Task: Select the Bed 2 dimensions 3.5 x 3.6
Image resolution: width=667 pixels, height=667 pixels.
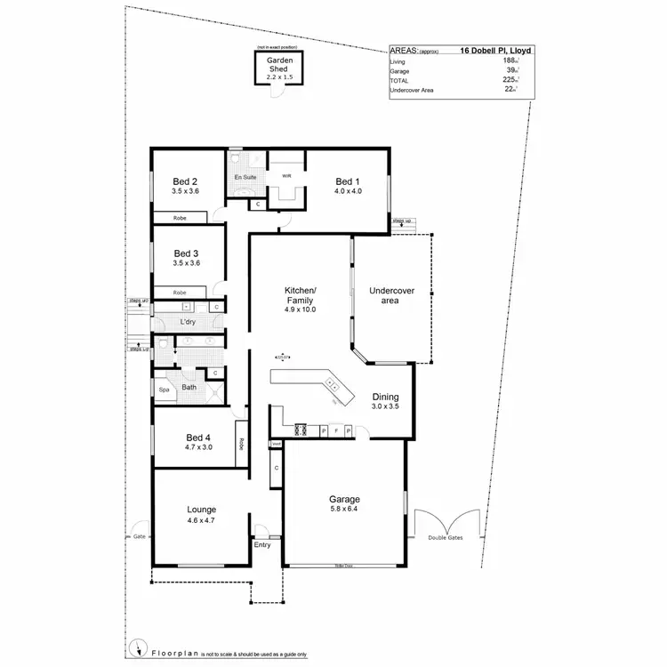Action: point(187,190)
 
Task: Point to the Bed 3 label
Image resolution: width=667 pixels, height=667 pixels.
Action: point(187,252)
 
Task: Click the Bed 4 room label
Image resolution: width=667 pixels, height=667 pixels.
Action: point(198,437)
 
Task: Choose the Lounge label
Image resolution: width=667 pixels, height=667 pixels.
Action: point(201,508)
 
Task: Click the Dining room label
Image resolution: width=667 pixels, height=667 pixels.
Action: point(385,398)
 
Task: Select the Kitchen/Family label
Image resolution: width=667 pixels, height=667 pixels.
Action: point(300,297)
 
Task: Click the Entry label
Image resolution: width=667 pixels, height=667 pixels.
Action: point(261,545)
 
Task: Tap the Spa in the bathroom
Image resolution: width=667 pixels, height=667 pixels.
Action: point(164,390)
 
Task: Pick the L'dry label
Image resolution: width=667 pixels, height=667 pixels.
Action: point(188,321)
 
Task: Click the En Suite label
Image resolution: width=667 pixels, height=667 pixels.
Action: point(245,178)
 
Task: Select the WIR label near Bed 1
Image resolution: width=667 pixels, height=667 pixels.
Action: point(286,176)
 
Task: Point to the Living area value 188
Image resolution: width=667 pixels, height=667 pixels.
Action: point(509,60)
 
